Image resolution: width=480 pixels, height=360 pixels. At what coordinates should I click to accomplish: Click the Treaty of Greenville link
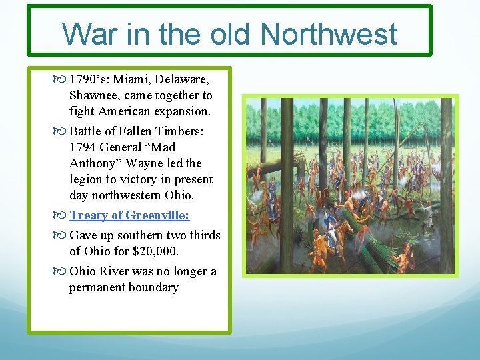pos(129,215)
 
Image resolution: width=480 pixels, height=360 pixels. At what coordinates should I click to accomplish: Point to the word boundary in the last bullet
pos(154,287)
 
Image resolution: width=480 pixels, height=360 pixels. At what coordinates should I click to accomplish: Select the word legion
pos(85,179)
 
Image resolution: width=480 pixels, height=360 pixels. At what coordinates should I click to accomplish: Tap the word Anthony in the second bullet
pos(94,163)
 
